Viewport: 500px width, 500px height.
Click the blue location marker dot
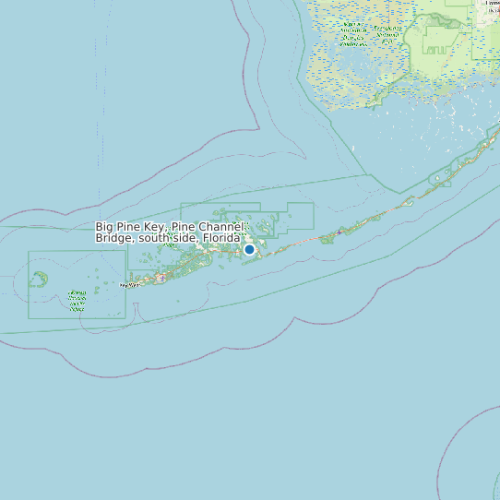249,249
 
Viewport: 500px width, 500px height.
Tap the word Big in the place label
104,227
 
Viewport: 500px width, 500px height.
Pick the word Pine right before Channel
185,227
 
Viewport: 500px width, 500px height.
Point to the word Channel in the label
224,227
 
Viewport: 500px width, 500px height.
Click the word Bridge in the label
115,238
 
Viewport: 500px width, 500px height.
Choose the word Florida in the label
222,238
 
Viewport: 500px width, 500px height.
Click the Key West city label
132,285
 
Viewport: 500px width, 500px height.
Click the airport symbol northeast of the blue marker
339,232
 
